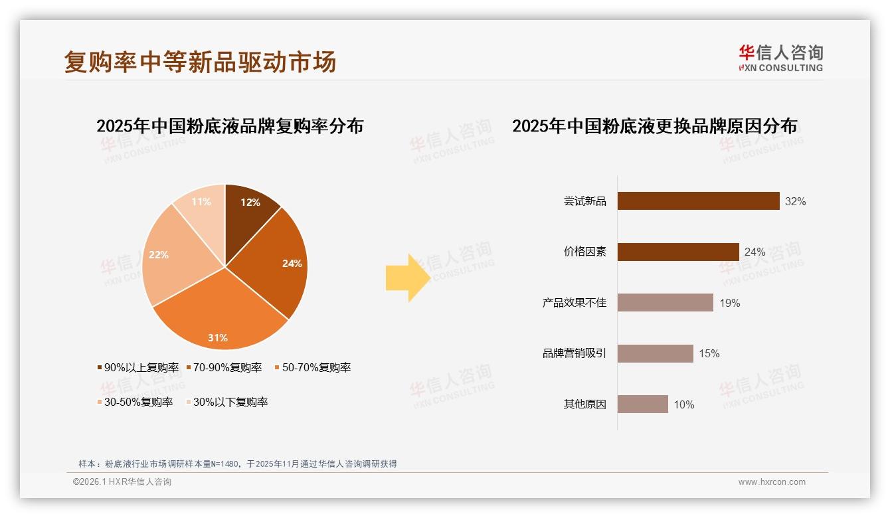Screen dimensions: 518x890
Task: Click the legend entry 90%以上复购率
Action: [x=138, y=367]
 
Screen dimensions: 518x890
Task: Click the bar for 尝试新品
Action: [x=698, y=201]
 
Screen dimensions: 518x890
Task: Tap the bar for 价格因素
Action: [x=678, y=252]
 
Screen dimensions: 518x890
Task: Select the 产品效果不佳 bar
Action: [x=665, y=303]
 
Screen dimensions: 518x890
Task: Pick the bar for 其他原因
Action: [x=642, y=404]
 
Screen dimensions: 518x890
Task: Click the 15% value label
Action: [x=709, y=353]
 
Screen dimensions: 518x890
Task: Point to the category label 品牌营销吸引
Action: [x=574, y=353]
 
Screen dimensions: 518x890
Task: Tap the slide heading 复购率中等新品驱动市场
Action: [x=200, y=62]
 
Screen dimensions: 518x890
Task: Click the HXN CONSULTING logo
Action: [x=780, y=58]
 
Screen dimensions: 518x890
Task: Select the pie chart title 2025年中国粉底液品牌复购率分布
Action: [x=230, y=126]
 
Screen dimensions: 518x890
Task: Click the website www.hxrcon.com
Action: [x=772, y=482]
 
